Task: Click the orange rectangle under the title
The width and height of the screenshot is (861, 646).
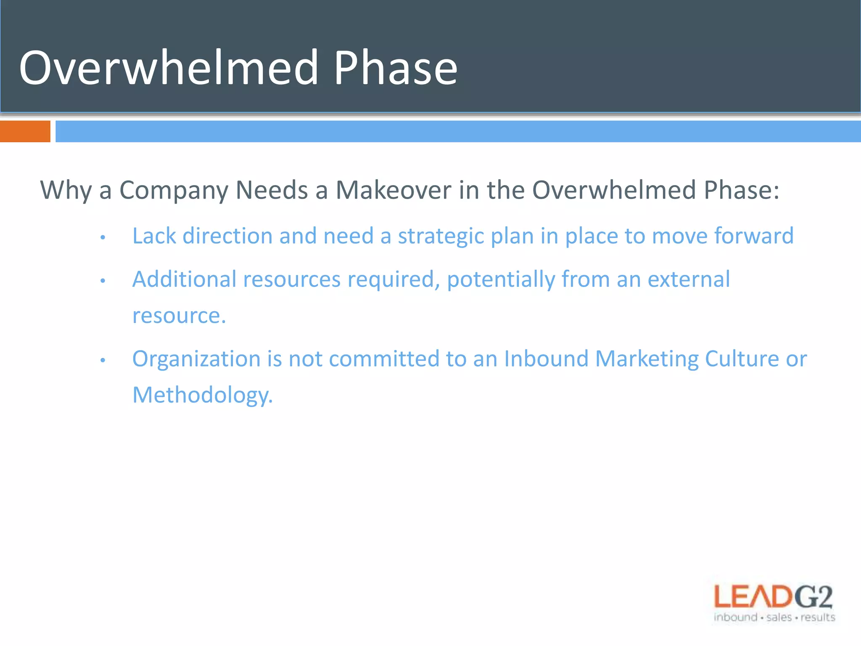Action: click(x=25, y=131)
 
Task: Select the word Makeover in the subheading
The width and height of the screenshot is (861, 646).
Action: click(x=394, y=190)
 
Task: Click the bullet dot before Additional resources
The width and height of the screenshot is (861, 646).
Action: click(x=103, y=281)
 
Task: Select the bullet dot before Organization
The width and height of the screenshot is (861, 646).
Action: click(x=103, y=360)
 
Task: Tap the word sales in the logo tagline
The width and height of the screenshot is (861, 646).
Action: click(x=779, y=617)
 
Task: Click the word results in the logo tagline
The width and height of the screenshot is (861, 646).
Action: click(x=818, y=617)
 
